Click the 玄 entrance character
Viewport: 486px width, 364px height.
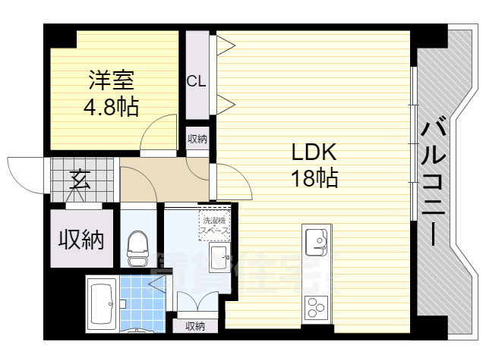pos(78,180)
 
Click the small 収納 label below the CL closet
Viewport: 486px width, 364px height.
pos(197,139)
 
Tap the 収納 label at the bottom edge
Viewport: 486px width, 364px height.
pos(194,326)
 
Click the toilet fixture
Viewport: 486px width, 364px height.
pos(137,247)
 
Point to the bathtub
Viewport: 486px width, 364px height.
pos(101,304)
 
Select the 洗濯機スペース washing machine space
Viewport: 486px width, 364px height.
pos(214,222)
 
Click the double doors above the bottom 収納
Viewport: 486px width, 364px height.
pos(194,302)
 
